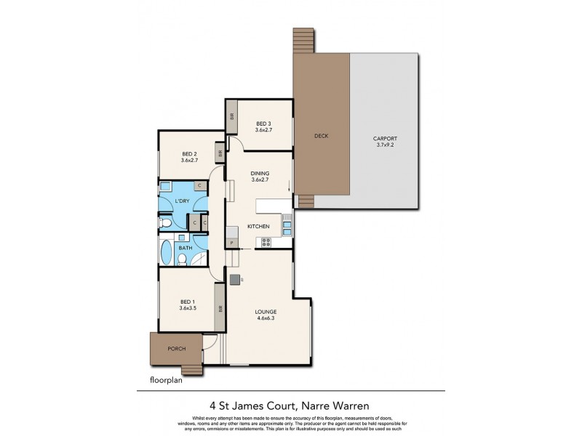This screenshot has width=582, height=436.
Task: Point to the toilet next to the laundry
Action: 166,222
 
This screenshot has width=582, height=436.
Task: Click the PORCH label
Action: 176,349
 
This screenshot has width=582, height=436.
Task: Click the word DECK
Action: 322,136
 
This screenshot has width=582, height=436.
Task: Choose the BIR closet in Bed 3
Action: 232,118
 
